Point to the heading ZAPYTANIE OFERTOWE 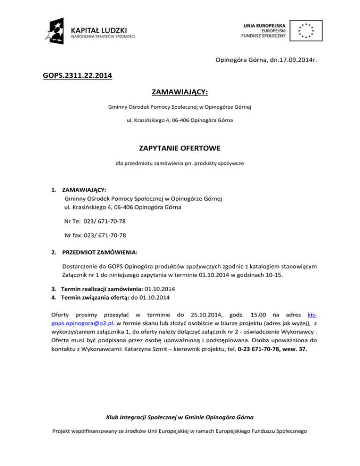point(180,149)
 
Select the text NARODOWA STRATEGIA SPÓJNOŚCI point(103,36)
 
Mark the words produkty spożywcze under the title point(219,165)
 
